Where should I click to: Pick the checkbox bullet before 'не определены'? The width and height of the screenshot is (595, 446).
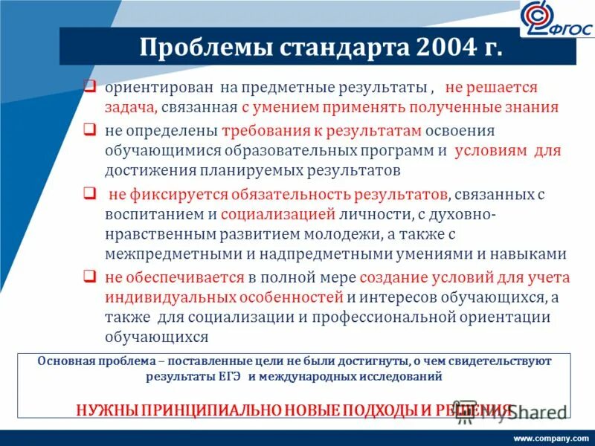coord(89,132)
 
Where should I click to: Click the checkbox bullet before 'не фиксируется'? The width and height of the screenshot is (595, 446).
coord(89,195)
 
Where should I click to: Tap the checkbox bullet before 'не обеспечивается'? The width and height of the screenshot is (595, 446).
coord(89,277)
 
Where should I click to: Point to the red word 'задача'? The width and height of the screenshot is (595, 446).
coord(130,108)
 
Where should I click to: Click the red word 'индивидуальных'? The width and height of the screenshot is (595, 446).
coord(165,298)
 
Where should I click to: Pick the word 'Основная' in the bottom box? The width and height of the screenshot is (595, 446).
coord(63,361)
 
